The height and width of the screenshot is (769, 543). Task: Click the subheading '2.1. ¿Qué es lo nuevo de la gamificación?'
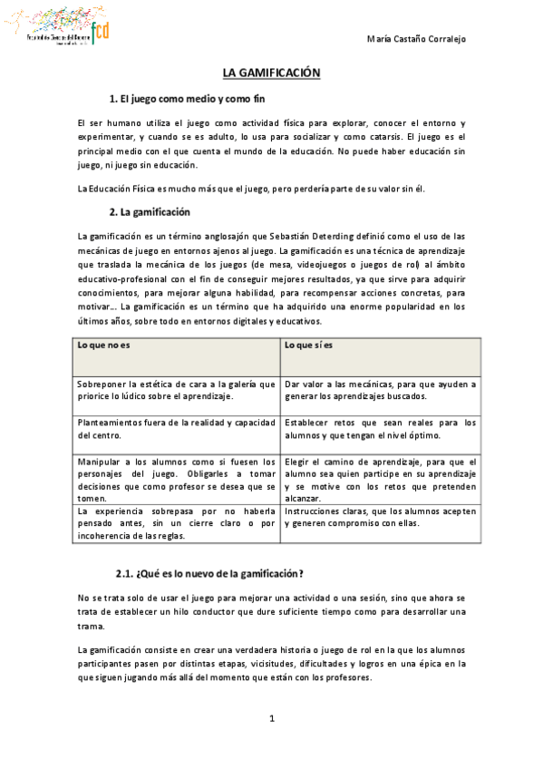pos(208,573)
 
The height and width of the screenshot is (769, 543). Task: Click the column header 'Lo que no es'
pos(104,346)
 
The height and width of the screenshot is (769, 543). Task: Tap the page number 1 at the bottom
pos(271,719)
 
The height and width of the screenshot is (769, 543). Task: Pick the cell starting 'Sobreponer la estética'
pos(177,390)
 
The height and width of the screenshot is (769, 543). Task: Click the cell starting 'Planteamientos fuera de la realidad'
pos(177,428)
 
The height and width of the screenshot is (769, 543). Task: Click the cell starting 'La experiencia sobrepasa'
pos(177,523)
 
